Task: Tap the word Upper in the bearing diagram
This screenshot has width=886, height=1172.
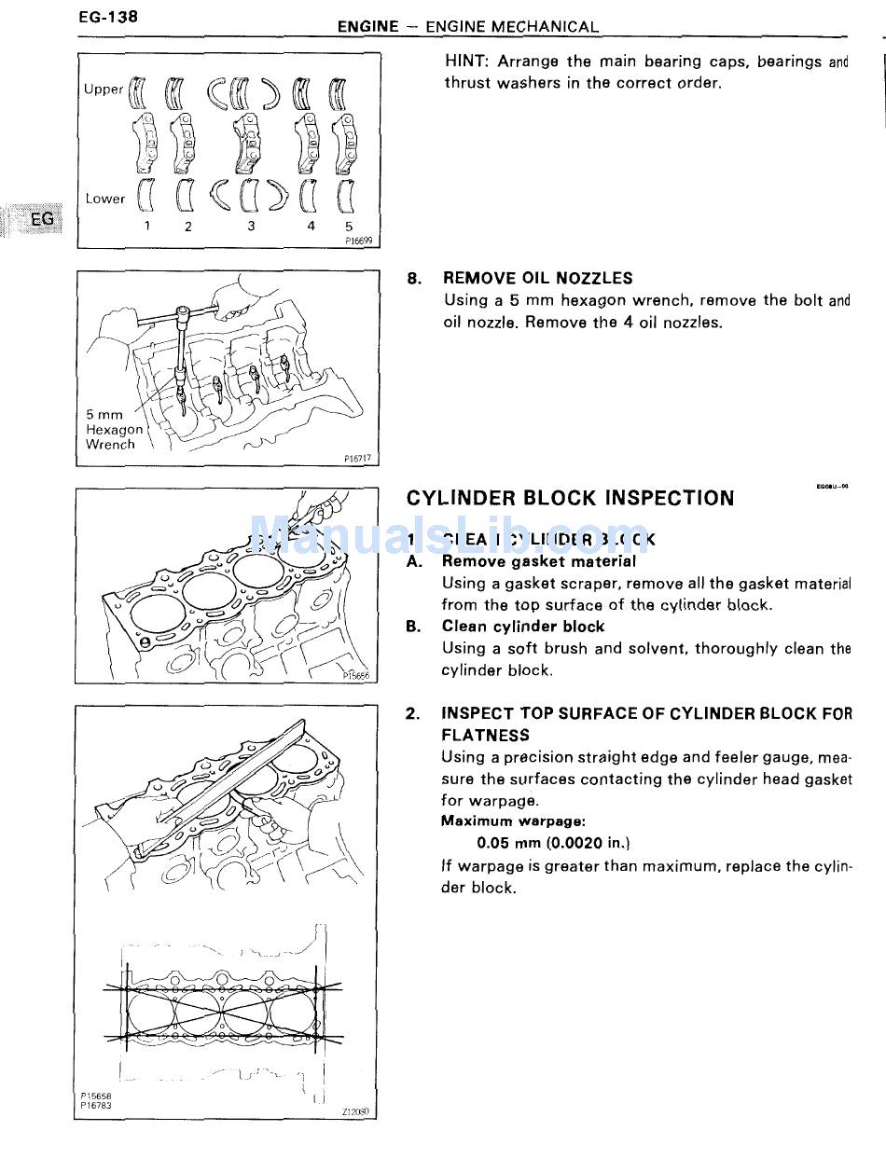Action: (103, 90)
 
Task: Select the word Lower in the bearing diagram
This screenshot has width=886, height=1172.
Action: (104, 199)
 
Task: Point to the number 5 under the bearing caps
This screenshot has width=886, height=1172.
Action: (348, 227)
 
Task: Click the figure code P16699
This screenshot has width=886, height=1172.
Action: (357, 240)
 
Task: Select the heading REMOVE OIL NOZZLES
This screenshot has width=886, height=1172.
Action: (537, 278)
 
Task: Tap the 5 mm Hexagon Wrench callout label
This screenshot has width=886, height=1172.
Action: (114, 430)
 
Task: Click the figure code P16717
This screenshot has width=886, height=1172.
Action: (357, 458)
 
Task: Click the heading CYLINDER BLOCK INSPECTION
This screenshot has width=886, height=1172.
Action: (570, 498)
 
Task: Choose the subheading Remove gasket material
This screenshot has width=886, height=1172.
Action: (538, 561)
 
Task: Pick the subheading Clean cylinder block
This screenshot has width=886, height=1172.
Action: (522, 627)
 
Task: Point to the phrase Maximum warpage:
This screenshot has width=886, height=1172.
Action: (513, 821)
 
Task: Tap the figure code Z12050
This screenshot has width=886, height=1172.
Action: (355, 1112)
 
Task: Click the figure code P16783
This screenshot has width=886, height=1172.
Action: (96, 1106)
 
